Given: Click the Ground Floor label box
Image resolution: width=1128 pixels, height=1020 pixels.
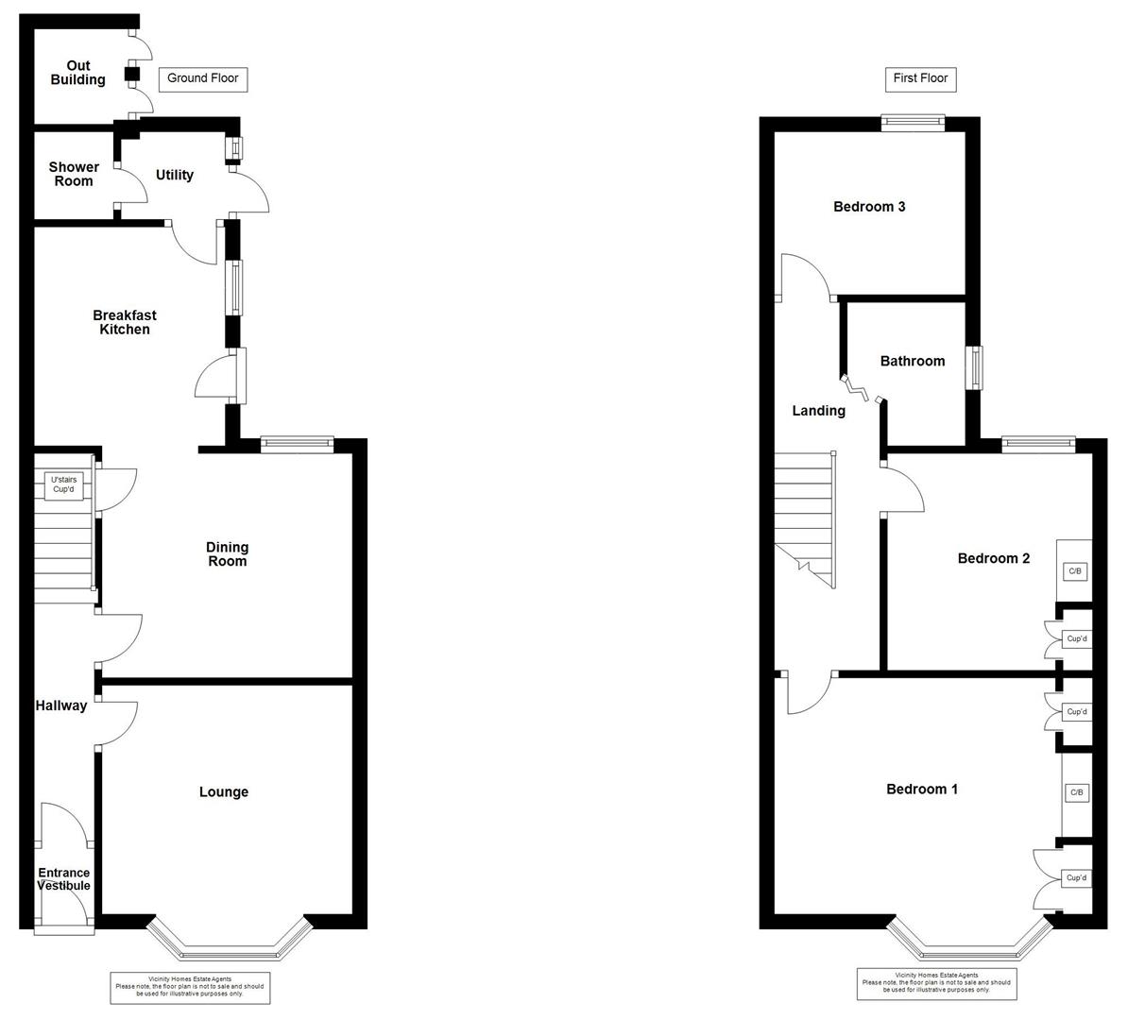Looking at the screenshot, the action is click(203, 79).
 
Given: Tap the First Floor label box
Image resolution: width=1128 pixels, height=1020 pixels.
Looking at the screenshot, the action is click(921, 79).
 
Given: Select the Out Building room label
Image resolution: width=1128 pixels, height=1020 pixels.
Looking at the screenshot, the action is click(77, 73).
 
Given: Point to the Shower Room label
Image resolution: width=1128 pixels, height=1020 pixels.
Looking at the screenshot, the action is click(74, 174).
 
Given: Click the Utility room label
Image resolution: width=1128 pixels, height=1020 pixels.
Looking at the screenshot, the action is click(175, 175).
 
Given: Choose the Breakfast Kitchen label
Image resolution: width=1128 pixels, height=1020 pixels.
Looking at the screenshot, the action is click(125, 322).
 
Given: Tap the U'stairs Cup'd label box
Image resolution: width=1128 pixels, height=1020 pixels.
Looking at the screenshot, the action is click(64, 484).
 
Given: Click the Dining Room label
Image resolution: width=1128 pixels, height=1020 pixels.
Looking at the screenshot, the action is click(228, 553).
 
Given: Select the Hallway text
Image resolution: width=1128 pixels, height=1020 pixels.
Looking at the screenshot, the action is click(61, 705).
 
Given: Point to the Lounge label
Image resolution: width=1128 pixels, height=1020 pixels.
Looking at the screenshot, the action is click(224, 792).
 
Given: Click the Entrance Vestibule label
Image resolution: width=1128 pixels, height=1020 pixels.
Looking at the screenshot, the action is click(64, 879).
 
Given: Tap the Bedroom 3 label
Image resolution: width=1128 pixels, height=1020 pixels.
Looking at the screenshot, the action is click(869, 207).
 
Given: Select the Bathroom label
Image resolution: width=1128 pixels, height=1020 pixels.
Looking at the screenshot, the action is click(913, 361).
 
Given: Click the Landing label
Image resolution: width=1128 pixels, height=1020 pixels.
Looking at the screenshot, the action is click(819, 411).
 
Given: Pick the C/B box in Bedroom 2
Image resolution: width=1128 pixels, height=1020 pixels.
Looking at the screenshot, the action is click(1075, 572).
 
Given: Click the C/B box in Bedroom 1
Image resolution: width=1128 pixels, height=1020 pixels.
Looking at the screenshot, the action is click(1077, 792).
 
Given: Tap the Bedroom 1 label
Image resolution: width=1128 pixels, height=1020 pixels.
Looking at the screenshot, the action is click(922, 790).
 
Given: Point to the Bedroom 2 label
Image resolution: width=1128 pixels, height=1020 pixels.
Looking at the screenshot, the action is click(994, 559).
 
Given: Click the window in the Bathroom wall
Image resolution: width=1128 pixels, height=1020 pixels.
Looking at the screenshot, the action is click(974, 368).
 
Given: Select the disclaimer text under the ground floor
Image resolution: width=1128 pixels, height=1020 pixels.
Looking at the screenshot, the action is click(190, 987).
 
